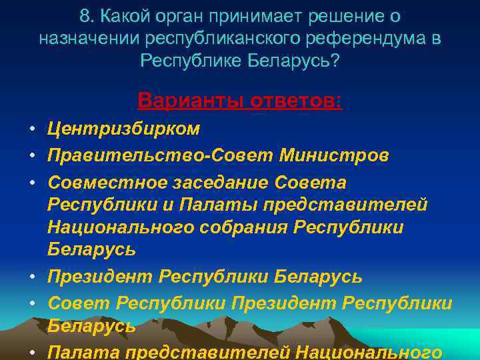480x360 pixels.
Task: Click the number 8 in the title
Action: coord(85,16)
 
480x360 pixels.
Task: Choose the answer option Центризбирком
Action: coord(123,128)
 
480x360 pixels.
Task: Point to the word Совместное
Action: coord(109,183)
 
